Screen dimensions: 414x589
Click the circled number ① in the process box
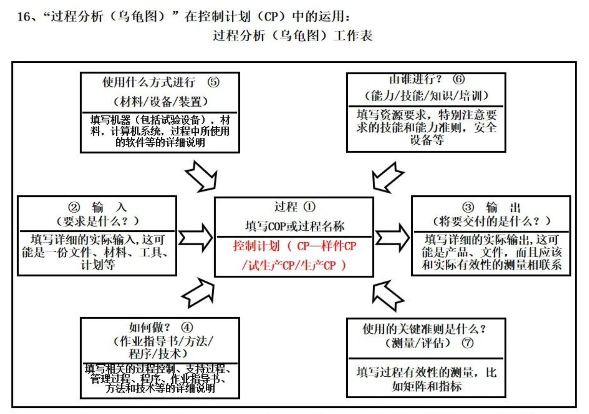pyautogui.click(x=309, y=207)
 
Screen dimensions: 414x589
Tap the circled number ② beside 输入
pyautogui.click(x=74, y=207)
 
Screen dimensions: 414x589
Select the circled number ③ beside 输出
pyautogui.click(x=468, y=207)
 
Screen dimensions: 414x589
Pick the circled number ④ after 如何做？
pyautogui.click(x=187, y=328)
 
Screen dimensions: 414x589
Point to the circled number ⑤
pyautogui.click(x=213, y=82)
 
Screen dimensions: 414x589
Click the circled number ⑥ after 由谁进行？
pyautogui.click(x=459, y=79)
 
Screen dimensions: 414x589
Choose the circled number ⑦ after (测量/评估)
pyautogui.click(x=468, y=343)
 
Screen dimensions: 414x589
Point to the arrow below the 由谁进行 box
pyautogui.click(x=386, y=177)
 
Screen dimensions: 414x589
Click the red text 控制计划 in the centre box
pyautogui.click(x=256, y=246)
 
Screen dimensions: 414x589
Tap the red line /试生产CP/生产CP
pyautogui.click(x=294, y=265)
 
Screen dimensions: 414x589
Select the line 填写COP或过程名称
pyautogui.click(x=294, y=226)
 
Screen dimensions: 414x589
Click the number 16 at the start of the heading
pyautogui.click(x=24, y=17)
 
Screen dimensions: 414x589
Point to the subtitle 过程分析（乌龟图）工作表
pyautogui.click(x=293, y=36)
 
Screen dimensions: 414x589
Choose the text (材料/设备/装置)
pyautogui.click(x=160, y=102)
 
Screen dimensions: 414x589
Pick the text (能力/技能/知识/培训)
pyautogui.click(x=426, y=96)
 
